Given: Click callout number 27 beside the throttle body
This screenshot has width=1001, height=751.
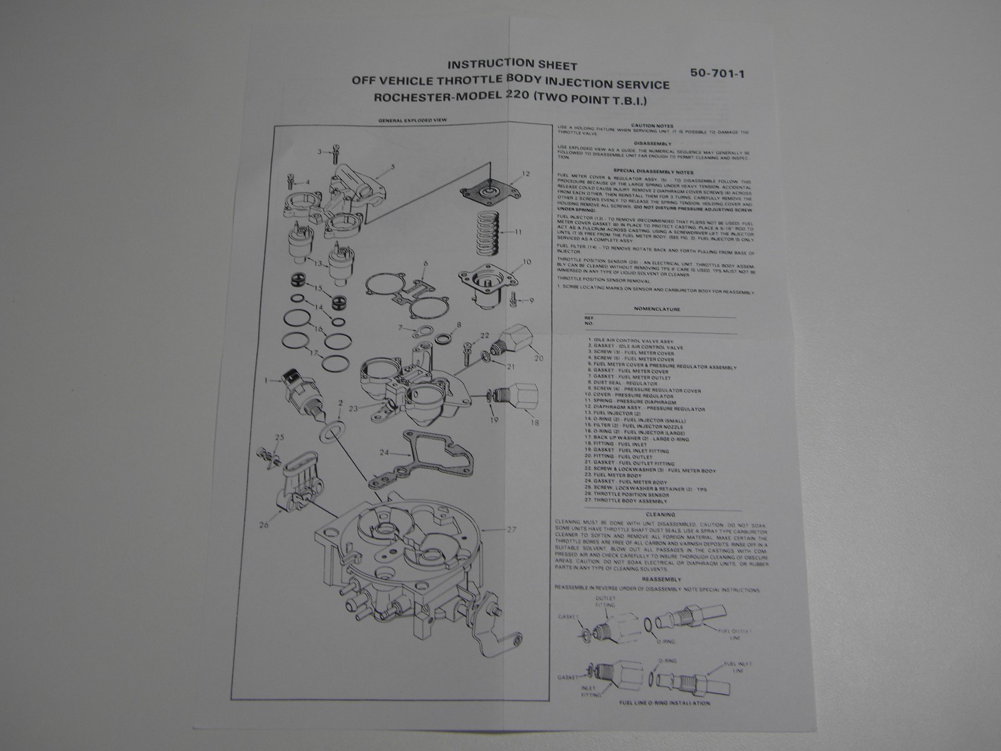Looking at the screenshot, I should click(512, 530).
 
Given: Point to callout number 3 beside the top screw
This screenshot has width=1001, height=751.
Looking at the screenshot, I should click(320, 152).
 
